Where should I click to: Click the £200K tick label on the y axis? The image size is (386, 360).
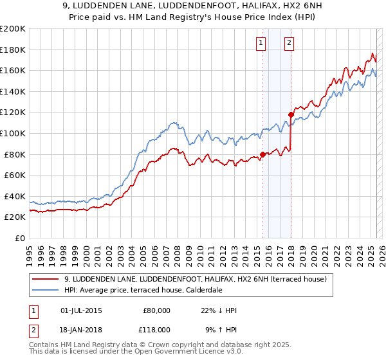point(13,29)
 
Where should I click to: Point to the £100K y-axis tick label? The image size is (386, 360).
point(13,134)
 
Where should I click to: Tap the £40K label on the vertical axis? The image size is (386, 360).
point(15,196)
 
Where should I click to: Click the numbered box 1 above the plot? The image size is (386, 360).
point(261,43)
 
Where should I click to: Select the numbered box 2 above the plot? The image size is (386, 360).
point(289,43)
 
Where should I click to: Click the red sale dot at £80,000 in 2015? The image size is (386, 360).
point(262,154)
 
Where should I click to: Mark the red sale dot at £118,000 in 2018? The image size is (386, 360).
point(291,114)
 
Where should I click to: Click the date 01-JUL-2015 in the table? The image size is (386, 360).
point(82,310)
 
